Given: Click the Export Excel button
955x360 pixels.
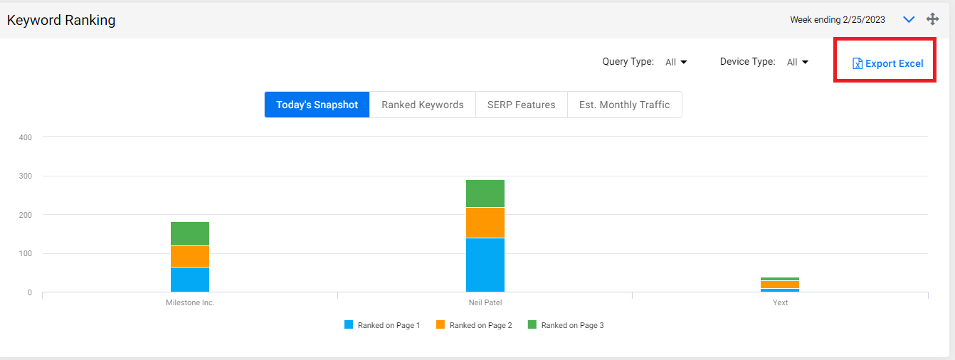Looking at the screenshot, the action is [x=887, y=63].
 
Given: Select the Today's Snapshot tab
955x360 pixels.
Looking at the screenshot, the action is [x=317, y=105].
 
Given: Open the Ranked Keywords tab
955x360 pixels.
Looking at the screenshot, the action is [x=423, y=105].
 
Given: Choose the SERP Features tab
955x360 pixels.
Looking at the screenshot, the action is [x=522, y=105].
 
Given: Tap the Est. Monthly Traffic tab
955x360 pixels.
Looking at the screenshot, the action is [x=625, y=105].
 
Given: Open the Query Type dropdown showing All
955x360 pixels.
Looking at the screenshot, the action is [x=676, y=62].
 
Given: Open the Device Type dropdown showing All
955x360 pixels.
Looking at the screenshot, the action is [x=798, y=62].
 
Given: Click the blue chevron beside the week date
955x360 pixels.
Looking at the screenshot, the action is [x=909, y=20].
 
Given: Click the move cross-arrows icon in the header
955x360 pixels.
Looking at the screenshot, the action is [x=932, y=19].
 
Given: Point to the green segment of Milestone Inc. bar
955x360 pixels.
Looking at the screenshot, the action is [x=190, y=233].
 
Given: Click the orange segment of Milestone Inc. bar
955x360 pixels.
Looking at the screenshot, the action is [x=190, y=256].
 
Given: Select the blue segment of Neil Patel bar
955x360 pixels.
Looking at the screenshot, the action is [x=485, y=265].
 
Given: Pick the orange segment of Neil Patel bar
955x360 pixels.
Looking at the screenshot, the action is [x=485, y=223].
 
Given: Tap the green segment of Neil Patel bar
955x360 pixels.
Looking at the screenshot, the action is [x=485, y=194].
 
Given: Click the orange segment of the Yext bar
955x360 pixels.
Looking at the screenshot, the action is [x=780, y=285].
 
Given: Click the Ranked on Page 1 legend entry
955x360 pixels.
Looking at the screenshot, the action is [x=382, y=325].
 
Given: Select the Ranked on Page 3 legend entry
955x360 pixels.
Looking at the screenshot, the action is [x=566, y=325].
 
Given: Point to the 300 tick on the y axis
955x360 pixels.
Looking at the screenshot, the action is [x=25, y=176].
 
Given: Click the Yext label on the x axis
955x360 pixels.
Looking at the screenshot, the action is [x=780, y=302].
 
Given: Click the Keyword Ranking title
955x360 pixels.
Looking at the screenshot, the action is [x=61, y=20].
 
